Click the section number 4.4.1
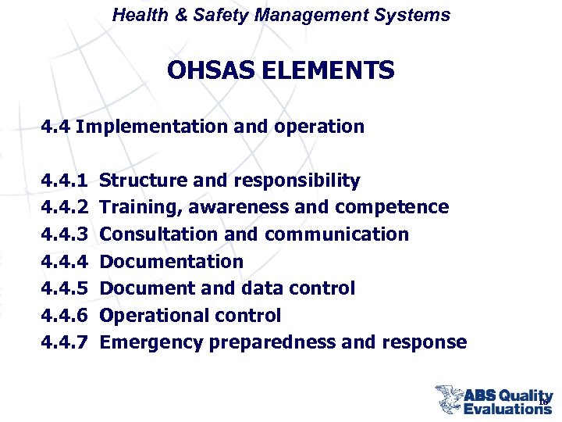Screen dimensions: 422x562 (x=66, y=181)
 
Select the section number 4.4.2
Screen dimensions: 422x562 (x=66, y=208)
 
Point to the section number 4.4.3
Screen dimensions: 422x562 (x=66, y=234)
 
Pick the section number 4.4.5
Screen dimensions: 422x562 (x=66, y=288)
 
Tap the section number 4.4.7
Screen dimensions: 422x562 (x=66, y=342)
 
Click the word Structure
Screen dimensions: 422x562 (x=144, y=181)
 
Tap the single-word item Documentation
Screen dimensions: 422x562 (x=172, y=262)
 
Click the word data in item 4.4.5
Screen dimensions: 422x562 (x=252, y=288)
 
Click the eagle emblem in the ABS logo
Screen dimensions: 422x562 (x=450, y=399)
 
